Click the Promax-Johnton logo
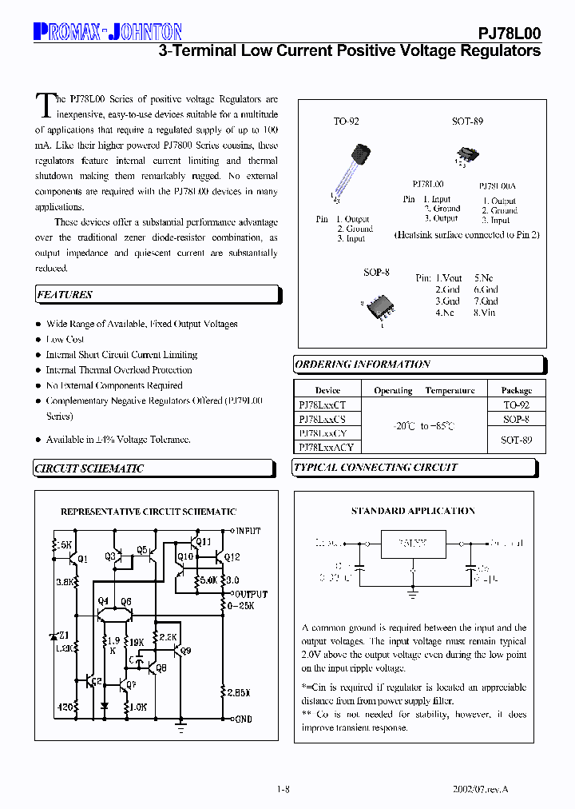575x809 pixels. tap(108, 31)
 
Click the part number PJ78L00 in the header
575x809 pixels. tap(509, 33)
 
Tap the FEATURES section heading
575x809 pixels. tap(65, 295)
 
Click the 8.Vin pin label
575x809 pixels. tap(485, 313)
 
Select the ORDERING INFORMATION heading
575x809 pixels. tap(363, 365)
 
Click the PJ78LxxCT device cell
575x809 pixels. tap(323, 405)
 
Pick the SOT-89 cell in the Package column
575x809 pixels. tap(515, 440)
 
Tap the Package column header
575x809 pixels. tap(516, 391)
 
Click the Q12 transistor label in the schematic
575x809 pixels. tap(232, 557)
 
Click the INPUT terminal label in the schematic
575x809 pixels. tap(247, 531)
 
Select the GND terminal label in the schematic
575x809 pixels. tap(243, 719)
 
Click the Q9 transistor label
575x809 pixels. tap(186, 651)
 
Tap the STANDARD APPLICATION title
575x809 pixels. tap(413, 511)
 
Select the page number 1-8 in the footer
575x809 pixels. tap(283, 790)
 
